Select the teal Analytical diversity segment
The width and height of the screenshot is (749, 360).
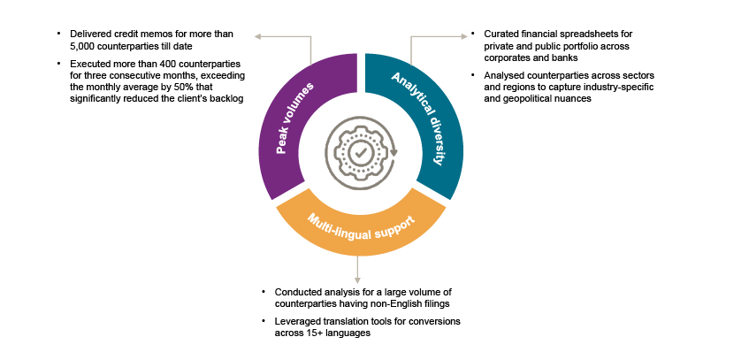pyautogui.click(x=424, y=124)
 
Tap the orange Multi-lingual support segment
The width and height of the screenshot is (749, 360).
pyautogui.click(x=358, y=226)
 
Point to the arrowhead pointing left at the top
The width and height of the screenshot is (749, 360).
pyautogui.click(x=257, y=36)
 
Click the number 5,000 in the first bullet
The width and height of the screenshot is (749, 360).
pyautogui.click(x=71, y=46)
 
